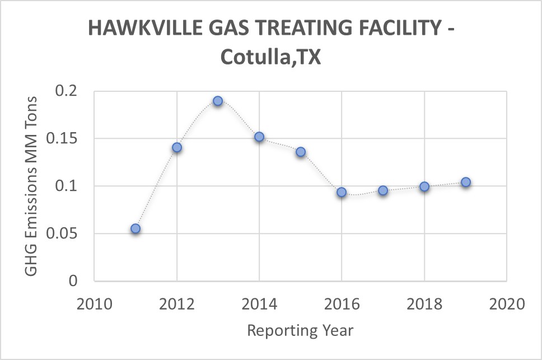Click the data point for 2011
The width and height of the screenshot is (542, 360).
point(135,228)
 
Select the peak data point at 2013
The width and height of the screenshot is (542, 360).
point(218,101)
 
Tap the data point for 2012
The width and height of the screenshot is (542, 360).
point(177,147)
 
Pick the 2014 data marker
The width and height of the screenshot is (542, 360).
point(259,137)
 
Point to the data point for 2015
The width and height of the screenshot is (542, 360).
point(301,152)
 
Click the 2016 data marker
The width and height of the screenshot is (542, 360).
point(342,192)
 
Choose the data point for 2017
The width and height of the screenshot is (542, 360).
point(383,190)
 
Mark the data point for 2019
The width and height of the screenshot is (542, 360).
point(465,182)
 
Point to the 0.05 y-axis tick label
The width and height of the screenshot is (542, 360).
point(63,233)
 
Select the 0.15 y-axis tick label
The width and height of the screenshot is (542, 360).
point(63,139)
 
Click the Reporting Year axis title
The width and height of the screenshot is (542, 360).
point(300,330)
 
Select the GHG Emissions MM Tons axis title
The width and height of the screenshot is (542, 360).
point(31,186)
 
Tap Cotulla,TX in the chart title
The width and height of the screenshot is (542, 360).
point(270,57)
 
